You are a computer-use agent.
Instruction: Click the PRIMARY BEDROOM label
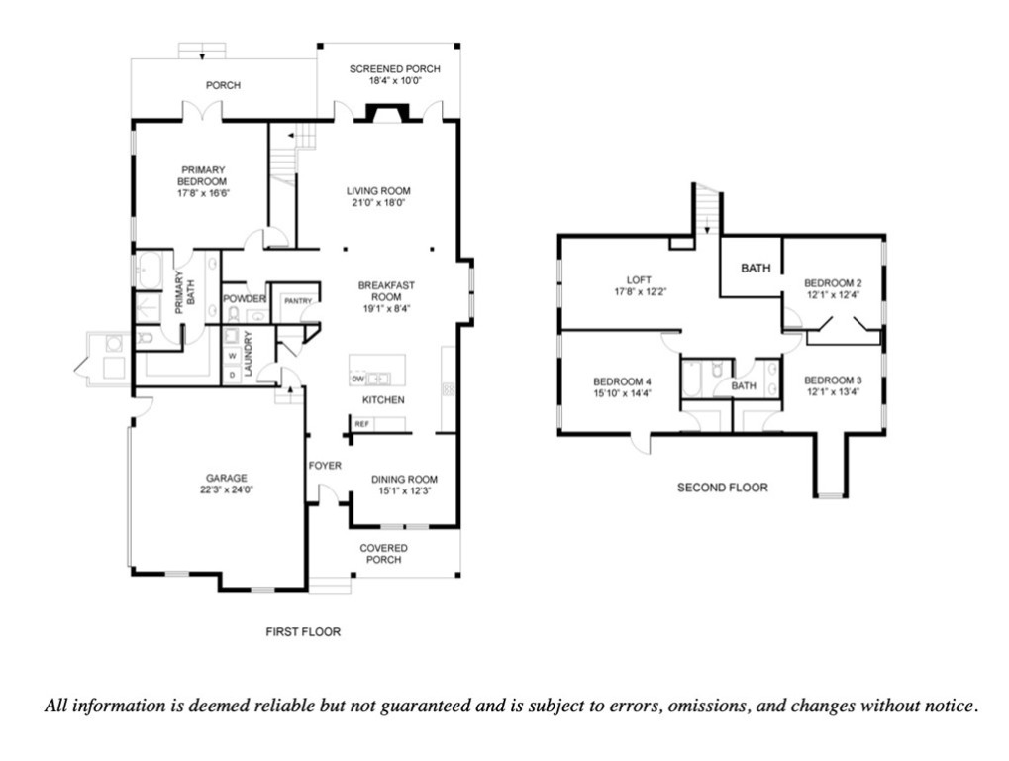pyautogui.click(x=202, y=175)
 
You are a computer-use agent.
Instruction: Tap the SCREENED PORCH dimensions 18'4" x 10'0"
pyautogui.click(x=394, y=81)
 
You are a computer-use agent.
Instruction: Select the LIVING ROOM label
pyautogui.click(x=377, y=190)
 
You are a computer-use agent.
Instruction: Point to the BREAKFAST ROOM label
pyautogui.click(x=385, y=290)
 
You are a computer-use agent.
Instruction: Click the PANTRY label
pyautogui.click(x=297, y=300)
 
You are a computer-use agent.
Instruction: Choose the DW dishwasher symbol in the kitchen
pyautogui.click(x=357, y=379)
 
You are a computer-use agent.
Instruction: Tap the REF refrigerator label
pyautogui.click(x=362, y=424)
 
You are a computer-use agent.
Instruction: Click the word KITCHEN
pyautogui.click(x=382, y=400)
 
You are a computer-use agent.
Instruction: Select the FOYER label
pyautogui.click(x=325, y=465)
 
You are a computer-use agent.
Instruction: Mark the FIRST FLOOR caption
pyautogui.click(x=303, y=631)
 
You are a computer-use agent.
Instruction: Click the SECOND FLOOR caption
pyautogui.click(x=722, y=488)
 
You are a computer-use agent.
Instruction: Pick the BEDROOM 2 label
pyautogui.click(x=833, y=282)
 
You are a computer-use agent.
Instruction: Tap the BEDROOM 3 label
pyautogui.click(x=833, y=380)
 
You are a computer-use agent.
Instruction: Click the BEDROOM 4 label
pyautogui.click(x=622, y=382)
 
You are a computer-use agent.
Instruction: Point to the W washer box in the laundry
pyautogui.click(x=232, y=356)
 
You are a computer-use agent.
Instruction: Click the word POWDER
pyautogui.click(x=244, y=299)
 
